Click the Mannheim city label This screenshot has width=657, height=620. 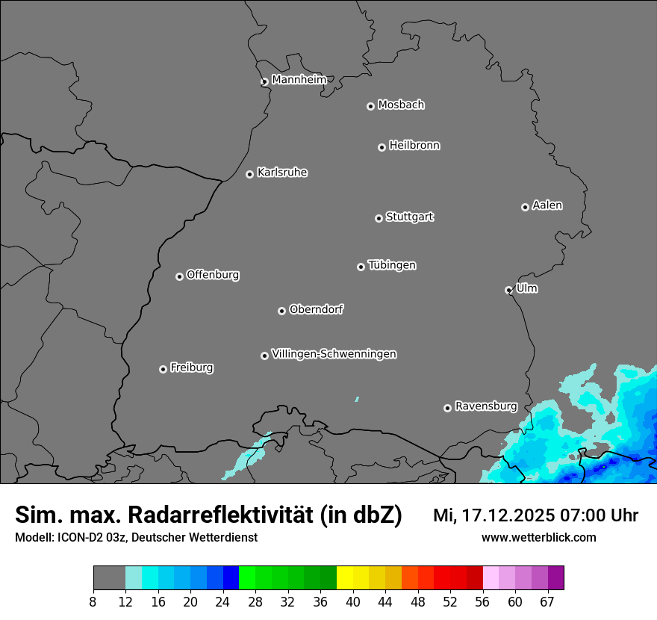point(299,79)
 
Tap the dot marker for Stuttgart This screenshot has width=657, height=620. point(379,218)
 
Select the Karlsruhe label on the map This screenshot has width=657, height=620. point(282,173)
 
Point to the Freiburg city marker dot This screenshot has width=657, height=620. point(163,369)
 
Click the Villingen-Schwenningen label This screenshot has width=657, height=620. point(334,354)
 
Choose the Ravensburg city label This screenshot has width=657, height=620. point(486,406)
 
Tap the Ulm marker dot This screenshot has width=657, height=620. point(508,290)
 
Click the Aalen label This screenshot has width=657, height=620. point(547,205)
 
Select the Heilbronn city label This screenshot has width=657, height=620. point(414,146)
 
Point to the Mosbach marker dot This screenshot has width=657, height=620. point(370,106)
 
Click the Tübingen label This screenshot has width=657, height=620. point(392,265)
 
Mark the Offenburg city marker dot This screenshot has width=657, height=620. point(179,276)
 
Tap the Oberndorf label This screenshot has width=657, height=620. point(316,309)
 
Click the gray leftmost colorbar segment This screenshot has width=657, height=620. point(109,578)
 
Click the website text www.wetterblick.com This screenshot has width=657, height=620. point(538,538)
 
